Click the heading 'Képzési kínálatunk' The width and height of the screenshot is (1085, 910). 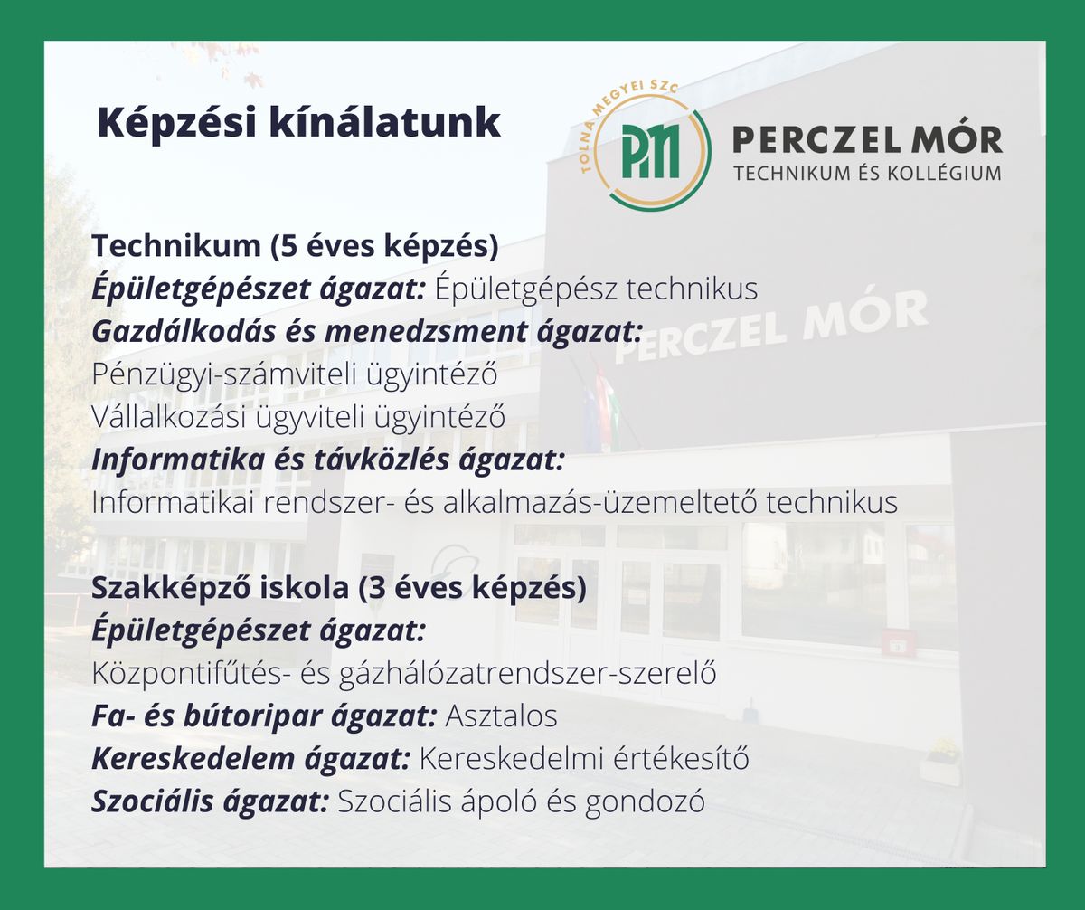coord(298,124)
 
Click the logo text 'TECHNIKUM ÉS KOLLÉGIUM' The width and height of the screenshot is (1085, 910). coord(867,173)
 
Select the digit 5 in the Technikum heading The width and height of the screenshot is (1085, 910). coord(288,245)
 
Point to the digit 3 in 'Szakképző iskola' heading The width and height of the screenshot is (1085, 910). coord(376,588)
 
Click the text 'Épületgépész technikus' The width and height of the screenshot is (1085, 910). coord(596,289)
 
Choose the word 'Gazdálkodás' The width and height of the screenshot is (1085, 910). coord(184,332)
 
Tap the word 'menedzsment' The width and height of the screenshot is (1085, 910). coord(426,332)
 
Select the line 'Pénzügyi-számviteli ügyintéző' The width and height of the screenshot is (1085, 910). coord(295,374)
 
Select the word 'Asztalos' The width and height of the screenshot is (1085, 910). coord(501,716)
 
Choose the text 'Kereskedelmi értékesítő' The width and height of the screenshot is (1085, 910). coord(584,759)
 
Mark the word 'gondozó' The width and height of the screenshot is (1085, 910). coord(645,801)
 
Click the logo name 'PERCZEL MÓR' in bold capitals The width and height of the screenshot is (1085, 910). coord(867,140)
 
